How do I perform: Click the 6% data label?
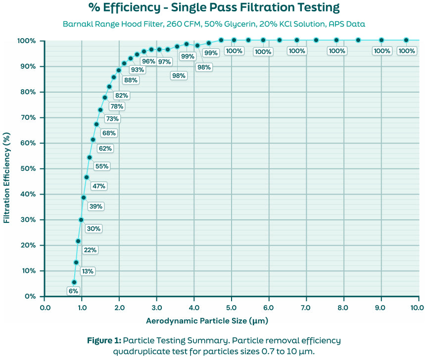(x=73, y=291)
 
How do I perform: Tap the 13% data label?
(x=88, y=271)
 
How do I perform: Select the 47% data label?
(x=98, y=186)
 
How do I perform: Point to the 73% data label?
(x=112, y=118)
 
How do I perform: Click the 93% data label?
(x=138, y=70)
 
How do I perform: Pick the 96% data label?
(x=148, y=61)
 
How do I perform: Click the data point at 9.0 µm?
(x=381, y=40)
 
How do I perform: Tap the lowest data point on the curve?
(x=74, y=282)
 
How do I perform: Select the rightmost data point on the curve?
(x=406, y=40)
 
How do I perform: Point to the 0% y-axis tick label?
(x=31, y=296)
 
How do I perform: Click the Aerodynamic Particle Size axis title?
(x=207, y=321)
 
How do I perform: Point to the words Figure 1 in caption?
(x=103, y=340)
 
